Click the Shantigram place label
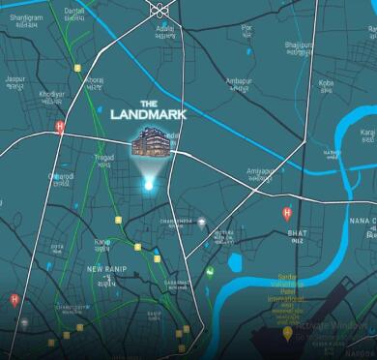click(25, 16)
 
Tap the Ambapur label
click(238, 80)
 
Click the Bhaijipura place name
click(299, 45)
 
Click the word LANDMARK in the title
click(148, 115)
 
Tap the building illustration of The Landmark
click(152, 145)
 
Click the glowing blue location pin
click(148, 183)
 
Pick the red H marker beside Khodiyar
click(60, 126)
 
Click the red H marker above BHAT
click(286, 212)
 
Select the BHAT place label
click(297, 233)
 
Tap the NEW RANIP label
click(106, 268)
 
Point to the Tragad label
click(104, 158)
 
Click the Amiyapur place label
click(260, 170)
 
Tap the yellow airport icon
click(287, 333)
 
